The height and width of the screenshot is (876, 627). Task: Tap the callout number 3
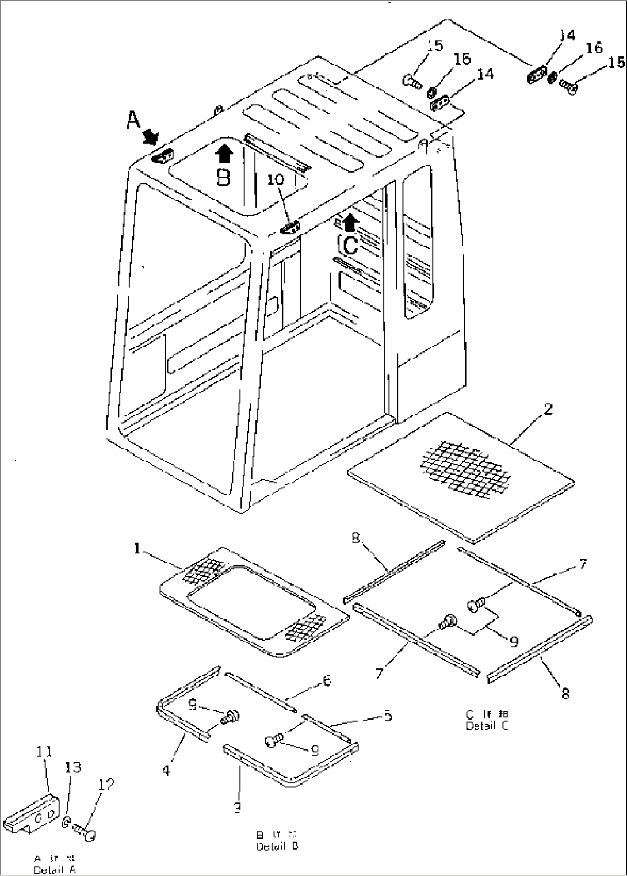click(237, 808)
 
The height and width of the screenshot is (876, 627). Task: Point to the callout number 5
click(388, 716)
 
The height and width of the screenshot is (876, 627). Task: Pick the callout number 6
click(326, 680)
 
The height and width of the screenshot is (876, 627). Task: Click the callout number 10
click(276, 179)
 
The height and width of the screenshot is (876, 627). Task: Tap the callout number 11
click(44, 751)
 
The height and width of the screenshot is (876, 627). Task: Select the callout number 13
click(73, 767)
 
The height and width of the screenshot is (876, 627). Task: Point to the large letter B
click(223, 178)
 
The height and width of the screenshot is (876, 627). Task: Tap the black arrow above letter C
click(350, 222)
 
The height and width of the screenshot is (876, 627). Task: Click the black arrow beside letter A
click(151, 136)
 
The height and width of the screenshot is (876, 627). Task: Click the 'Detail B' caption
click(277, 846)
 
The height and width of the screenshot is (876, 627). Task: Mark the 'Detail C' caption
click(487, 726)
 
